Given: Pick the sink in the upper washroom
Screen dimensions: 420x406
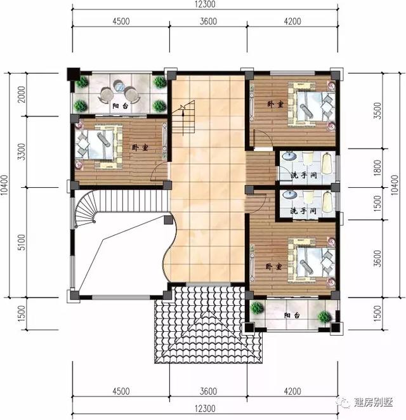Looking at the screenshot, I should pos(288,155).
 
